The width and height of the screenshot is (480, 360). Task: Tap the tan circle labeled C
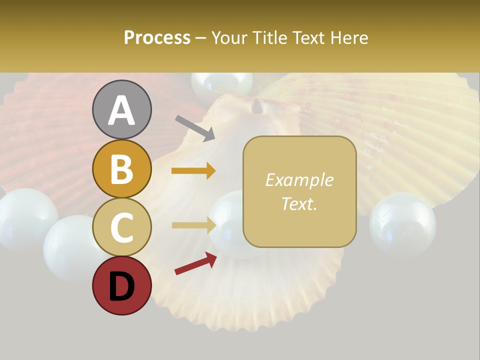(x=122, y=227)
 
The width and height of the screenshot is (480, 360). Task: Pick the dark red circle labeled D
(x=122, y=286)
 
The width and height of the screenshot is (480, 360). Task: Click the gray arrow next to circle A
(x=195, y=128)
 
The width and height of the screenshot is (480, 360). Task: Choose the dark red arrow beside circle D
(x=195, y=263)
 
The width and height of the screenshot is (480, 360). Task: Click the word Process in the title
(x=157, y=38)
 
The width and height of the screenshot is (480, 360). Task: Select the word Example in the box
(x=299, y=180)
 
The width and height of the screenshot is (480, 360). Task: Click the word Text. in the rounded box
(x=299, y=203)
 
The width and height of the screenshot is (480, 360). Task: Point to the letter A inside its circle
(x=122, y=110)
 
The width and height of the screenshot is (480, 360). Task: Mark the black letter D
(x=122, y=287)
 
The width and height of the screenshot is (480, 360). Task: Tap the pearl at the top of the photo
(x=222, y=83)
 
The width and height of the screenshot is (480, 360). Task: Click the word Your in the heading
(x=230, y=38)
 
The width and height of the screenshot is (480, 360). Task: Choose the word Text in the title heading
(x=308, y=38)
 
